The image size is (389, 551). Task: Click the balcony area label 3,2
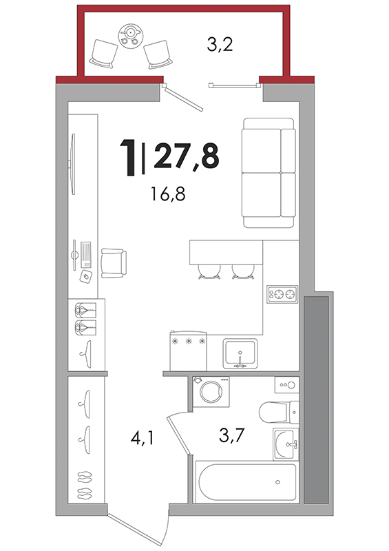(x=220, y=45)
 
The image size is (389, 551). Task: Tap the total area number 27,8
(x=187, y=156)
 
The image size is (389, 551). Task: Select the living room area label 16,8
(x=168, y=194)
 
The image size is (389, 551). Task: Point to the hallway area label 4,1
(x=142, y=438)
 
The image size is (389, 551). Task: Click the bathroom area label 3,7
(x=231, y=435)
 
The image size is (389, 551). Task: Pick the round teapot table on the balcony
(x=129, y=36)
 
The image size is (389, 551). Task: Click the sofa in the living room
(x=269, y=173)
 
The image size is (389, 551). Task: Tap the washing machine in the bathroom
(x=211, y=391)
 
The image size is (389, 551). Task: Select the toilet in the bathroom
(x=279, y=412)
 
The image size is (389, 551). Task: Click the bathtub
(x=246, y=481)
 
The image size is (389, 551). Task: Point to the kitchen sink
(x=240, y=353)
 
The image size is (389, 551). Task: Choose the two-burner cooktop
(x=282, y=294)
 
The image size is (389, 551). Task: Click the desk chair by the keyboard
(x=114, y=263)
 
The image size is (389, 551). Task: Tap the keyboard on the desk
(x=86, y=253)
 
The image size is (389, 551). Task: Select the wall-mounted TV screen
(x=73, y=164)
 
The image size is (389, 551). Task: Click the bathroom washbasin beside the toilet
(x=286, y=444)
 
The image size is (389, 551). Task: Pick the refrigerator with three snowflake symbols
(x=188, y=351)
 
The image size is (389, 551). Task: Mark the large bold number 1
(x=129, y=158)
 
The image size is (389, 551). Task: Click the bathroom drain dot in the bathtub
(x=277, y=481)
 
